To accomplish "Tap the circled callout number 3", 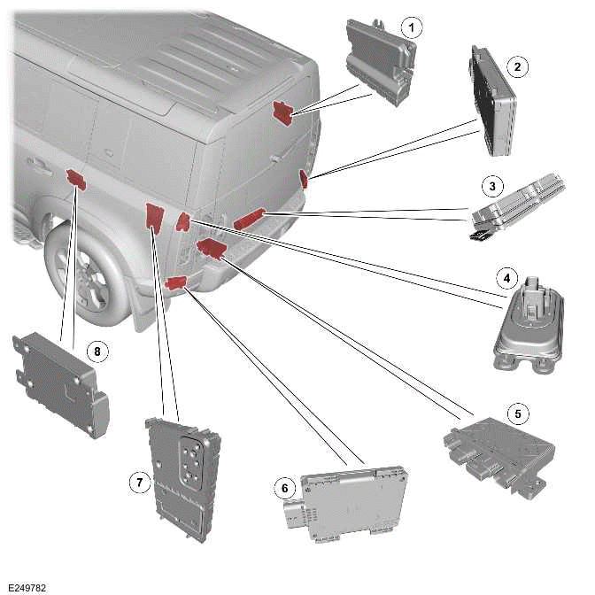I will (x=491, y=187).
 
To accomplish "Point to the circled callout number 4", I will (x=506, y=278).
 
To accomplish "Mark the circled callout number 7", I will (x=138, y=482).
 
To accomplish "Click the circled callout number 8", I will (x=97, y=352).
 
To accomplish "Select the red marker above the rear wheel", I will (x=76, y=180).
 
